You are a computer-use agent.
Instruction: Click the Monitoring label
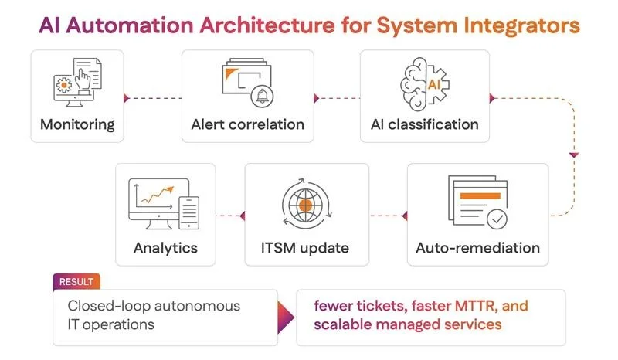click(x=77, y=124)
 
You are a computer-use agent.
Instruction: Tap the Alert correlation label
click(x=247, y=124)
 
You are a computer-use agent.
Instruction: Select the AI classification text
click(x=425, y=124)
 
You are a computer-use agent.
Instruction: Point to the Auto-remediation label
click(x=477, y=248)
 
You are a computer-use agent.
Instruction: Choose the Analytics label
click(x=165, y=248)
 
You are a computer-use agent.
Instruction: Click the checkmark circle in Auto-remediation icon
click(x=497, y=219)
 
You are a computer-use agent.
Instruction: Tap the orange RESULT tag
click(x=76, y=282)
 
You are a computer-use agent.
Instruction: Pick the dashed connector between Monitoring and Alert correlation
click(x=152, y=98)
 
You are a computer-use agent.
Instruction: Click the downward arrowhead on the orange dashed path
click(x=573, y=156)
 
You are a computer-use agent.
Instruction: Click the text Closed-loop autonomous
click(x=154, y=306)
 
